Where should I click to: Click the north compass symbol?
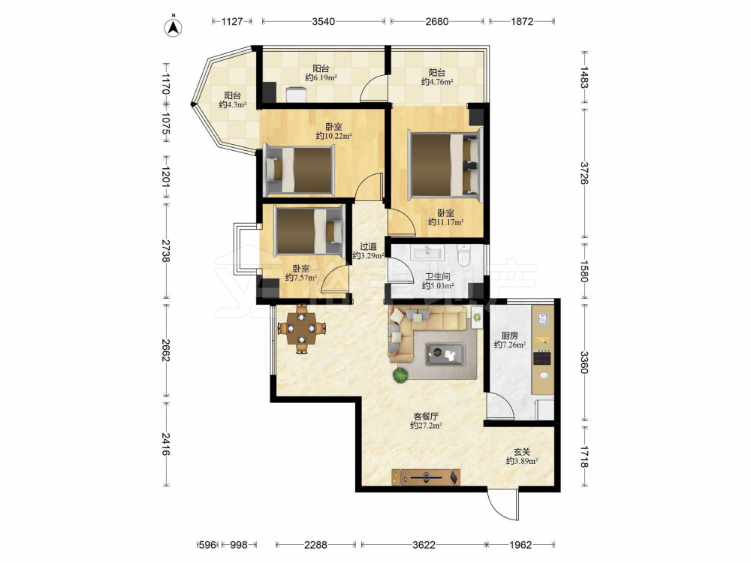coord(173,27)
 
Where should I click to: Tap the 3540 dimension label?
coord(323,21)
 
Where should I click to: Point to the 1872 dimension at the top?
coord(522,21)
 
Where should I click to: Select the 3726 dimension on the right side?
coord(584,173)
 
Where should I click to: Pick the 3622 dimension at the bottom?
coord(424,544)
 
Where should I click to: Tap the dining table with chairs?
coord(302,329)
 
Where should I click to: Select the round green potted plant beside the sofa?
coord(400,375)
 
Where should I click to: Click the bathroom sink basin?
coord(427,251)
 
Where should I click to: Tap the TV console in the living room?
coord(426,477)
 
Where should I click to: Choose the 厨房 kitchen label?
coord(510,336)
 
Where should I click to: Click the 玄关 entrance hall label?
coord(522,451)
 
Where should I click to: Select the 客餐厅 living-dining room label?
coord(426,416)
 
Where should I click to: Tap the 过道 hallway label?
coord(368,246)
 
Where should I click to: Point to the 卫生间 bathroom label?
coord(438,277)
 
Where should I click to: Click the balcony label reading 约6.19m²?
coord(321,77)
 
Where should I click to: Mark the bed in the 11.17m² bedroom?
coord(445,164)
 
